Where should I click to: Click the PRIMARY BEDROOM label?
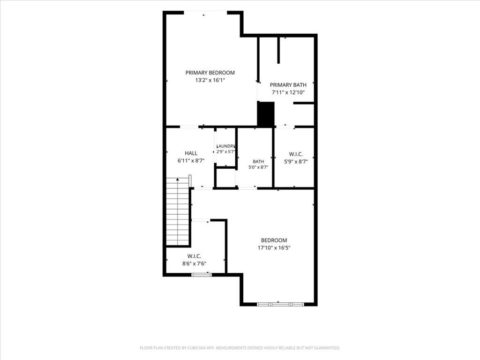(210, 73)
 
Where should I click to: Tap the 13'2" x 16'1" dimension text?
(210, 80)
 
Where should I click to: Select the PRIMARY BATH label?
(288, 85)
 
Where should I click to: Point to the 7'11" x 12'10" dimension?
(288, 92)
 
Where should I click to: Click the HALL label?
(191, 153)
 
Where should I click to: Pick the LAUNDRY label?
(226, 146)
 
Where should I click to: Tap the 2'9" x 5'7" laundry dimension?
(226, 151)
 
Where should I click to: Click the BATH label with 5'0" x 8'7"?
(258, 161)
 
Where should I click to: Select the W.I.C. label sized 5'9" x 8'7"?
(296, 154)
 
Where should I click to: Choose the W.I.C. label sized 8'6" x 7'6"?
(194, 256)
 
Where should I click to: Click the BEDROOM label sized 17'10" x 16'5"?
(274, 240)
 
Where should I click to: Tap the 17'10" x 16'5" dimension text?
(274, 247)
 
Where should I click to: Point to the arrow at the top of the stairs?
(178, 180)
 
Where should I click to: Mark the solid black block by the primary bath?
(266, 114)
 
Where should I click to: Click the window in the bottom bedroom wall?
(280, 304)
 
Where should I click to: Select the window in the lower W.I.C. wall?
(202, 275)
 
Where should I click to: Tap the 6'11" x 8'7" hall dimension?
(191, 160)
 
